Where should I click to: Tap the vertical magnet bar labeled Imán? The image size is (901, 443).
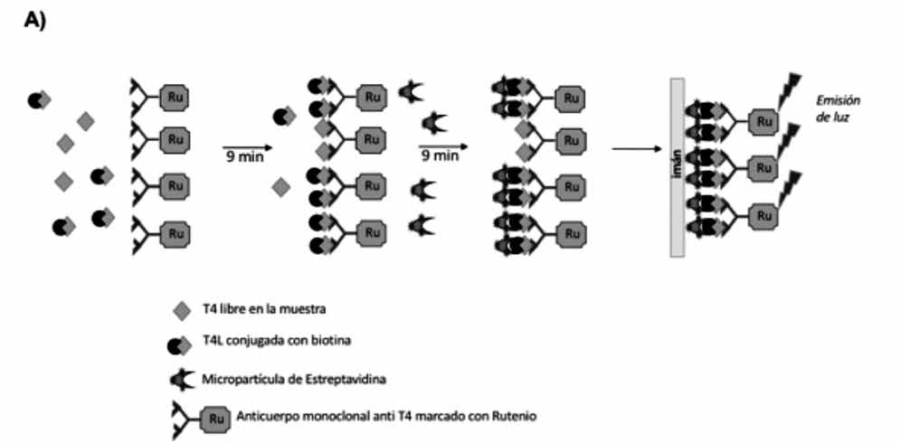pos(678,167)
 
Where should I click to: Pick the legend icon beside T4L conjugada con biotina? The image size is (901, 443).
pos(179,344)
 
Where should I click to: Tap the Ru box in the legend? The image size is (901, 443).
pos(213,418)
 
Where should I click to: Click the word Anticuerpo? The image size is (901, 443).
pos(268,417)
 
